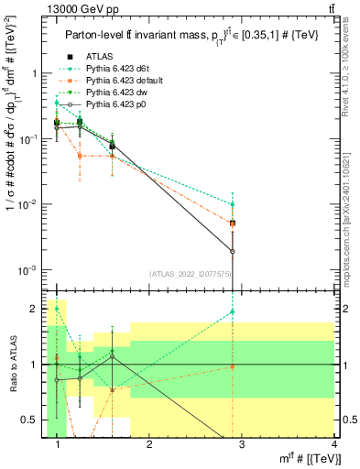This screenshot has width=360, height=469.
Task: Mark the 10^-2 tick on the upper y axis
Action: [27, 204]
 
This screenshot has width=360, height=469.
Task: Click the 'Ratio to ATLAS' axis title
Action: [12, 365]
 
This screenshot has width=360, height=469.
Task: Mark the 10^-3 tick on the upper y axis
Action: [27, 270]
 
